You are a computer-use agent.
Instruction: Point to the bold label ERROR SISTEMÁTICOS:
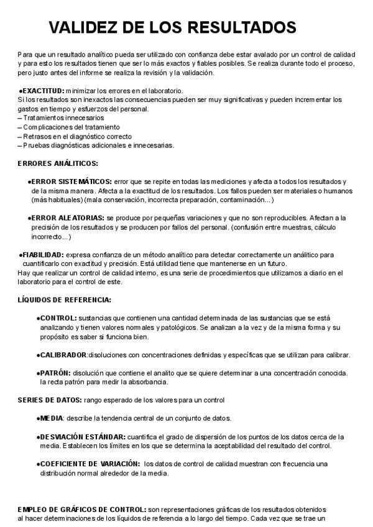coord(73,181)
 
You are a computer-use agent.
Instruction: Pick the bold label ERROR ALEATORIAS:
coord(68,218)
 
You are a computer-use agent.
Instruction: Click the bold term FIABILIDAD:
coord(44,255)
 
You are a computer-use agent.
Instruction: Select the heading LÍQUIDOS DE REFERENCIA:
coord(65,300)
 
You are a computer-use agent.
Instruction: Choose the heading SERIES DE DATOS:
coord(50,400)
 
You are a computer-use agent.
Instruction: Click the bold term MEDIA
coord(52,418)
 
